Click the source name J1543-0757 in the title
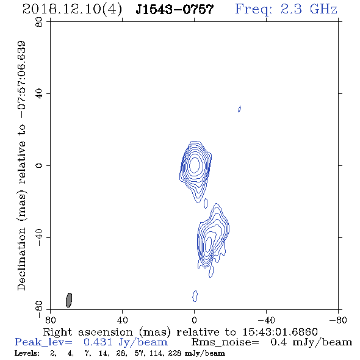coord(175,10)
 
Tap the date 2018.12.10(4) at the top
coord(73,10)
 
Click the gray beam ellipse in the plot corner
coord(69,300)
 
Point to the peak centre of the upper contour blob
coord(195,165)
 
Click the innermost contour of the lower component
coord(208,244)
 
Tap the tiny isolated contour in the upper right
coord(239,109)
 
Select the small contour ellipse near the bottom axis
coord(195,296)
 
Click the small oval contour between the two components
coord(206,203)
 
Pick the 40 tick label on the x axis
coord(122,320)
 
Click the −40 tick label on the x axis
coord(266,320)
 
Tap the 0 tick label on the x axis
coord(194,320)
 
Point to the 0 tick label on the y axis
coord(39,165)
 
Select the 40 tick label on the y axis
coord(39,94)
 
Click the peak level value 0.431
coord(98,342)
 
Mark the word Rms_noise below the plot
coord(225,342)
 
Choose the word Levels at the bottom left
coord(27,353)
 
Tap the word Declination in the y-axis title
coord(21,259)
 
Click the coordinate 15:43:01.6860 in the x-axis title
coord(280,332)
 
